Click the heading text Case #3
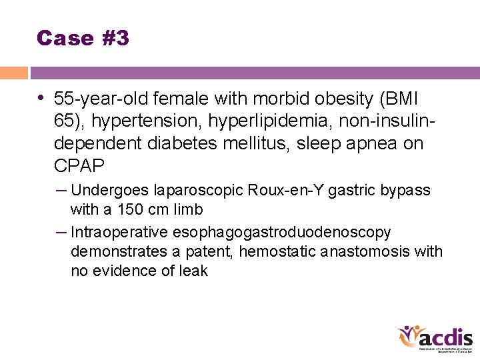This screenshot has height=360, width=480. pos(83,38)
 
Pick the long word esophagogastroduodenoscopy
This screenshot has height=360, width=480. pos(281,232)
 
